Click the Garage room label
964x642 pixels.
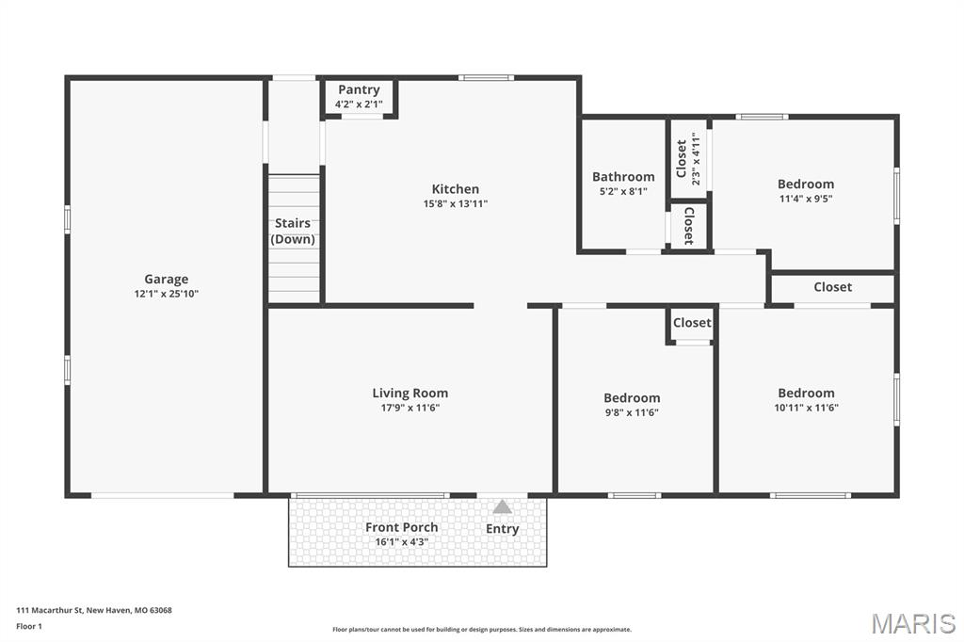pos(166,279)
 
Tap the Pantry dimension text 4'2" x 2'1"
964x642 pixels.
pos(359,104)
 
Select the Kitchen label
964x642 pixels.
pos(456,189)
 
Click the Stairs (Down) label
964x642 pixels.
pos(293,232)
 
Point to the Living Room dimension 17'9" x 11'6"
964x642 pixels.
pos(410,408)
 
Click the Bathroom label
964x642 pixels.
pos(623,177)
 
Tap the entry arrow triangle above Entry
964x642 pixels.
pos(503,507)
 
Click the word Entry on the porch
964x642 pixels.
pos(503,529)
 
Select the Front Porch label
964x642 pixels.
pos(402,527)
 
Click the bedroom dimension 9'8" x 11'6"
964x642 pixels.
pos(632,412)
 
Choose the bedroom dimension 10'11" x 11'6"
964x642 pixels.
pos(806,408)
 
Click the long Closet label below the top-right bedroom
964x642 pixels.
pos(832,287)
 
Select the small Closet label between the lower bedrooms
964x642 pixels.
pos(692,323)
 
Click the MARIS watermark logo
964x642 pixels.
pos(913,622)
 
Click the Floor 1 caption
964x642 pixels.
pos(29,626)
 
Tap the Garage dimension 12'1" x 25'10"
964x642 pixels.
pos(166,294)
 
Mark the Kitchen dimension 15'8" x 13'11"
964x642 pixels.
pos(456,203)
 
